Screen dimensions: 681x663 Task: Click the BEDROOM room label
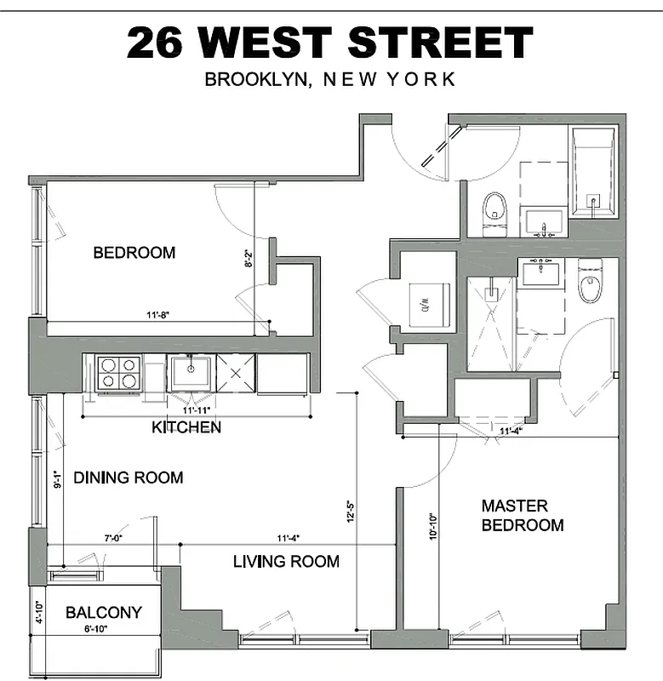tap(134, 253)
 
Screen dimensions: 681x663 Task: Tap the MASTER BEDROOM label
tap(522, 515)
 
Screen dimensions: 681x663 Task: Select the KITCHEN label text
tap(186, 426)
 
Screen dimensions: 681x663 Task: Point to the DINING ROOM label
tap(128, 478)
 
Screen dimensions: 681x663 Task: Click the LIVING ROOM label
tap(286, 561)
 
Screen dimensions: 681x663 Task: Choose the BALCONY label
tap(103, 612)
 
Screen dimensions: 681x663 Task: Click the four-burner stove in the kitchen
tap(118, 373)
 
